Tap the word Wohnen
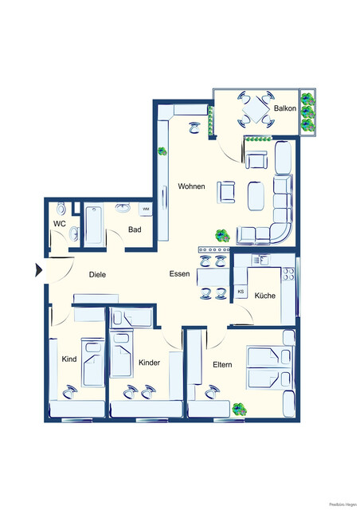coord(191,186)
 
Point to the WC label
coord(59,224)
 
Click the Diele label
coord(97,274)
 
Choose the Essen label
coord(179,274)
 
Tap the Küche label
coord(264,296)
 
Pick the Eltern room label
coord(221,365)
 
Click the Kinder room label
coord(149,363)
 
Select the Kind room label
coord(69,359)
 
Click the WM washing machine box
coord(146,210)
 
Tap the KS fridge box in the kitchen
coord(241,292)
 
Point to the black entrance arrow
coord(37,270)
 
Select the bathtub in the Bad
coord(92,226)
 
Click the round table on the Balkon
coord(256,111)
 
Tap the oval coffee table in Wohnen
coord(256,194)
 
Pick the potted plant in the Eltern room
coord(237,409)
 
